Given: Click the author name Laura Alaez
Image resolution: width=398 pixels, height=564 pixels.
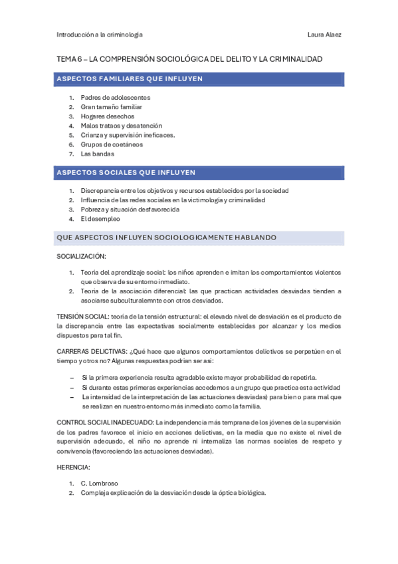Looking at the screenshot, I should click(326, 35).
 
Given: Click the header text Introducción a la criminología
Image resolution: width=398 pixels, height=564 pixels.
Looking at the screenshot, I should click(100, 35).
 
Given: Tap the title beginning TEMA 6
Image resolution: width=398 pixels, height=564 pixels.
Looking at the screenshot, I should click(189, 59).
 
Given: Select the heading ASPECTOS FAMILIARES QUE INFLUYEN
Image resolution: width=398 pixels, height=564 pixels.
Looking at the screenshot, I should click(130, 79).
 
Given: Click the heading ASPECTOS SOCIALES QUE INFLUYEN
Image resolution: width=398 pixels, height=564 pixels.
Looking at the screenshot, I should click(126, 172).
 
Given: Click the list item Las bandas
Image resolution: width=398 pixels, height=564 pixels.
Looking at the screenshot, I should click(98, 154).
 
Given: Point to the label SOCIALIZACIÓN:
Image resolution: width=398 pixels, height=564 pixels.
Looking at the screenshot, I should click(82, 256).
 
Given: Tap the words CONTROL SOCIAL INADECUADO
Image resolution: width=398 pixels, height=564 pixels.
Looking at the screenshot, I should click(105, 422).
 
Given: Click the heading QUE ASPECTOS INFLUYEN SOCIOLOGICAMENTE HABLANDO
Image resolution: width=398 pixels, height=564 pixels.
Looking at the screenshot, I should click(167, 237).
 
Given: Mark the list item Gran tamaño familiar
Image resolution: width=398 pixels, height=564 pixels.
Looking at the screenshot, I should click(111, 106).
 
